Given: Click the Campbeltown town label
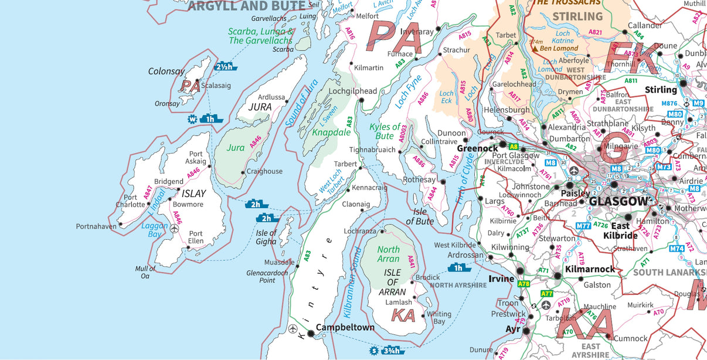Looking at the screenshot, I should (x=345, y=328).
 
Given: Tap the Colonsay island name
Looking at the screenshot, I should (x=166, y=72).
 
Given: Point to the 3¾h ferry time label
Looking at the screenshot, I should (x=391, y=351).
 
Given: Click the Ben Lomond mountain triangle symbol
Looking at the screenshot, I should (x=535, y=49).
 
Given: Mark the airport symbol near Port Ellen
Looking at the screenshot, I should (x=174, y=229).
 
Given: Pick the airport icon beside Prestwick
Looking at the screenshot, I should (x=546, y=305).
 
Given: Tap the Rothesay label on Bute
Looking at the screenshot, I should (x=420, y=180).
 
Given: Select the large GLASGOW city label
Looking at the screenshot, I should (x=620, y=202).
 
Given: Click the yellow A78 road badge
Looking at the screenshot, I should (x=524, y=284).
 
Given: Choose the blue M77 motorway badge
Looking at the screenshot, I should (x=583, y=226).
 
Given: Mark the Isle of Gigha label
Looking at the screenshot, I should (x=266, y=237).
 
